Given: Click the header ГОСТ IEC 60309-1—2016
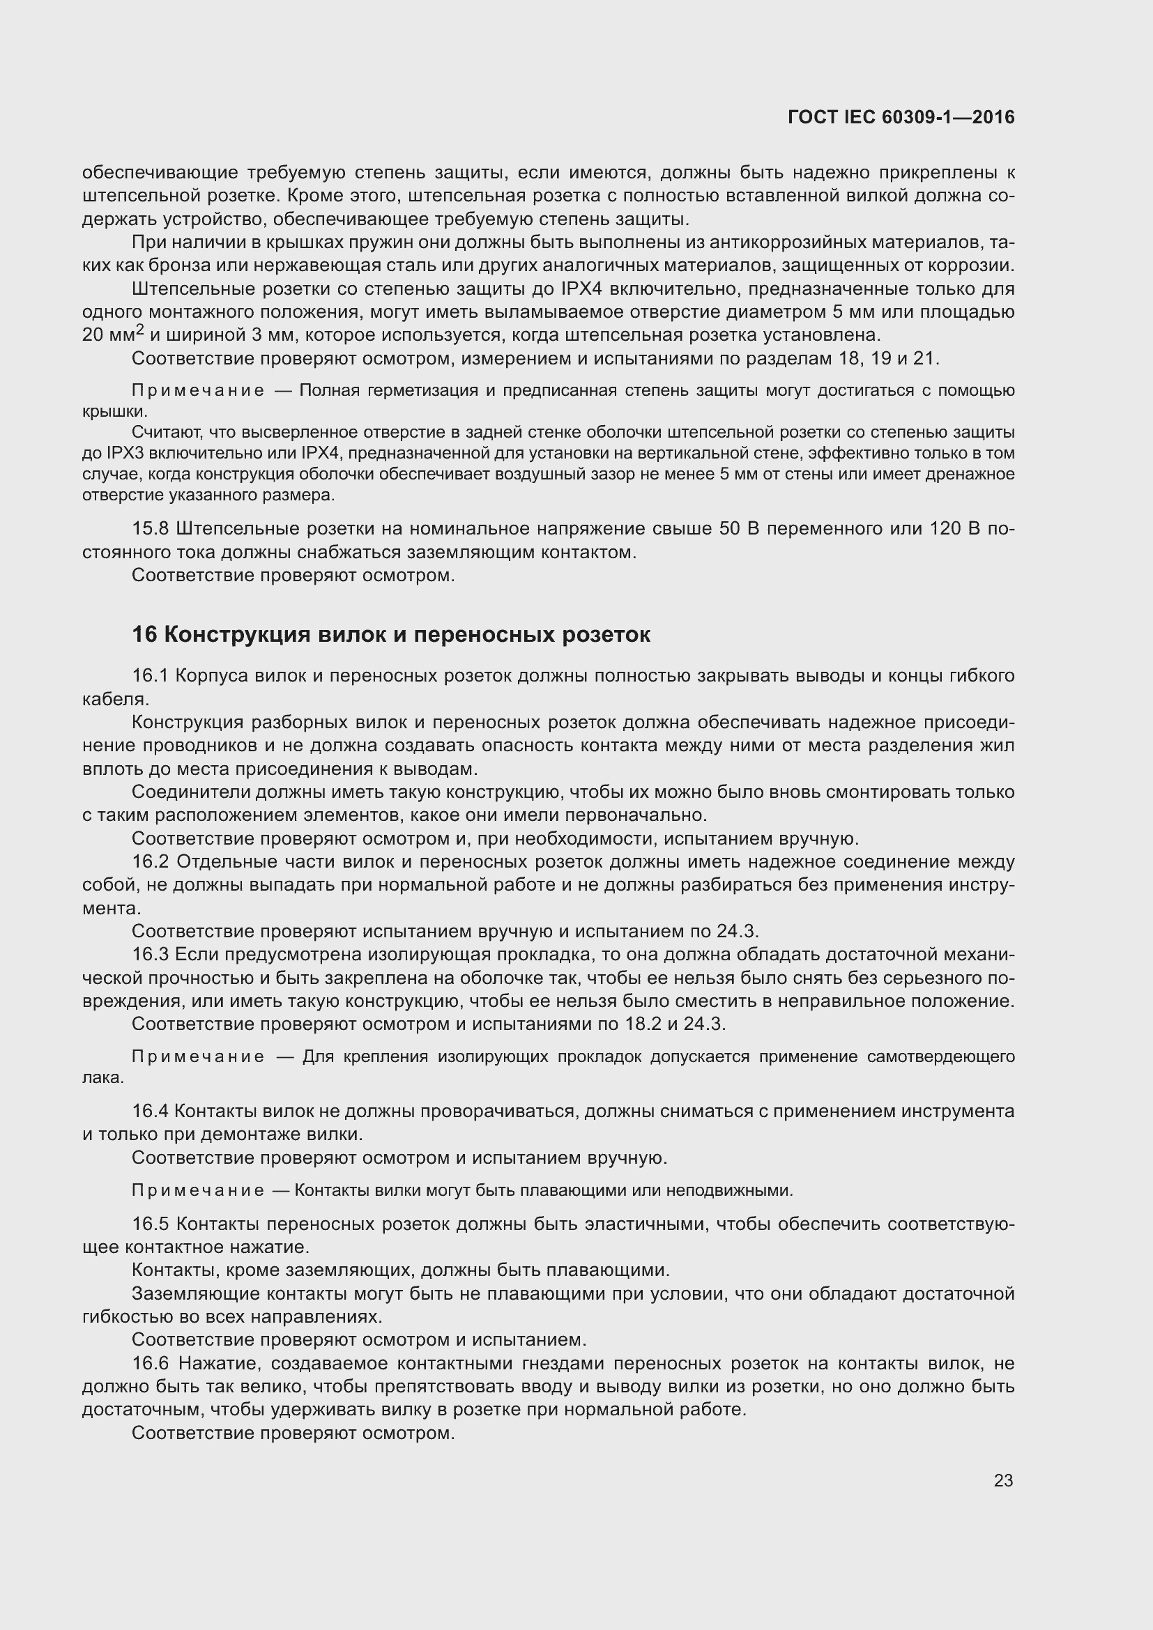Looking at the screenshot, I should (x=901, y=117).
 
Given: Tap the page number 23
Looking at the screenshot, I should (x=1003, y=1480).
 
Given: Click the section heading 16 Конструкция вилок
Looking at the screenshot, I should (x=390, y=634).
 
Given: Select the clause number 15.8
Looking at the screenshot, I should (x=151, y=529).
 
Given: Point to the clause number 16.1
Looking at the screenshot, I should (x=151, y=675).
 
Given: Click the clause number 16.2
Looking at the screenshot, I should (x=151, y=862).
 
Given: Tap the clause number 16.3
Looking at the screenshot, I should (x=151, y=955).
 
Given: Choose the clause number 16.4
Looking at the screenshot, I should (x=151, y=1111).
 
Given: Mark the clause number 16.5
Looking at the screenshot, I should (x=151, y=1224).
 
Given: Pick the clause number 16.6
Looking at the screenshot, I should (x=151, y=1363).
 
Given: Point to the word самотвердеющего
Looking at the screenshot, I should (x=940, y=1056).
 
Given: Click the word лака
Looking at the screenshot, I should (x=102, y=1077).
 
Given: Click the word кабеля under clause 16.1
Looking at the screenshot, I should (x=114, y=698).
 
